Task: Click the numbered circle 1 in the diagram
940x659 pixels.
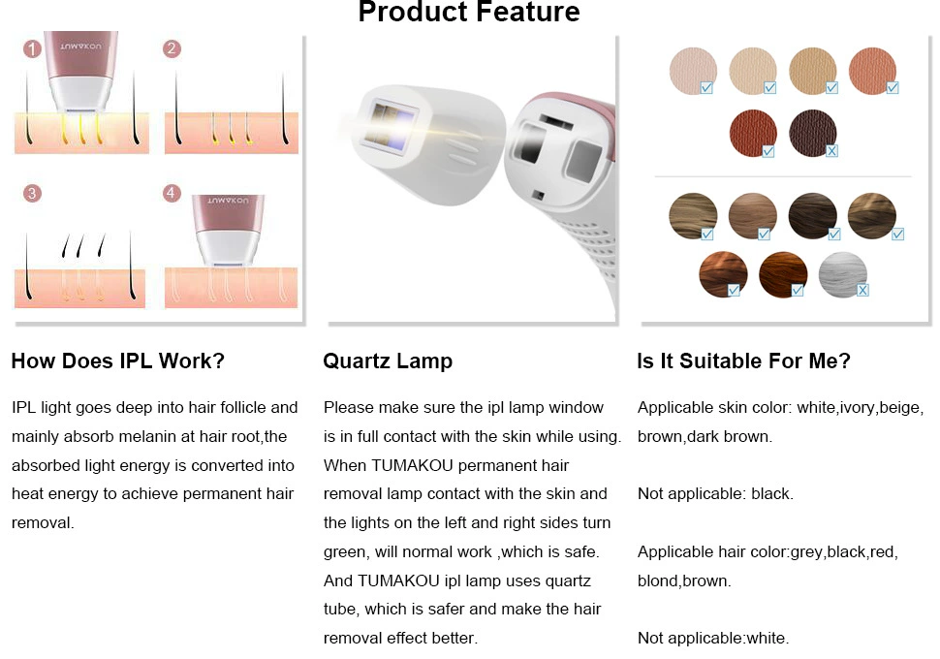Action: point(32,48)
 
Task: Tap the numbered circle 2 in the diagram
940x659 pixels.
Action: point(172,48)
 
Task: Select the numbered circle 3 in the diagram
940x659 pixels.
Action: point(32,193)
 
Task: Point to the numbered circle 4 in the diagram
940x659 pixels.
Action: point(172,193)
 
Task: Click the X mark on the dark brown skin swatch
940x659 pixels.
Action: point(831,151)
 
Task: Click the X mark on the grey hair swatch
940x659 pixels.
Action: point(862,290)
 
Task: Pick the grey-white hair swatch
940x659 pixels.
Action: point(842,274)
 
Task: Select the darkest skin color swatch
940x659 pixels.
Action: point(812,133)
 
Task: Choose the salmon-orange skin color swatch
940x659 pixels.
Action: point(872,71)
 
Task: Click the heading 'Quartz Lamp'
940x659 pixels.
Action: point(388,361)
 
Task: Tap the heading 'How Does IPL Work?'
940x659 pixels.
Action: point(117,361)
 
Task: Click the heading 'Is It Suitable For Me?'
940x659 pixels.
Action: point(743,361)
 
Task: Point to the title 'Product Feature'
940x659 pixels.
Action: point(469,11)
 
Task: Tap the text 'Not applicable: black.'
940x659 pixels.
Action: point(715,493)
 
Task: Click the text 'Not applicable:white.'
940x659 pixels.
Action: point(713,638)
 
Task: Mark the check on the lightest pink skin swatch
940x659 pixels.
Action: point(706,88)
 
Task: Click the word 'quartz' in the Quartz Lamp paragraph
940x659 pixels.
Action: point(568,581)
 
